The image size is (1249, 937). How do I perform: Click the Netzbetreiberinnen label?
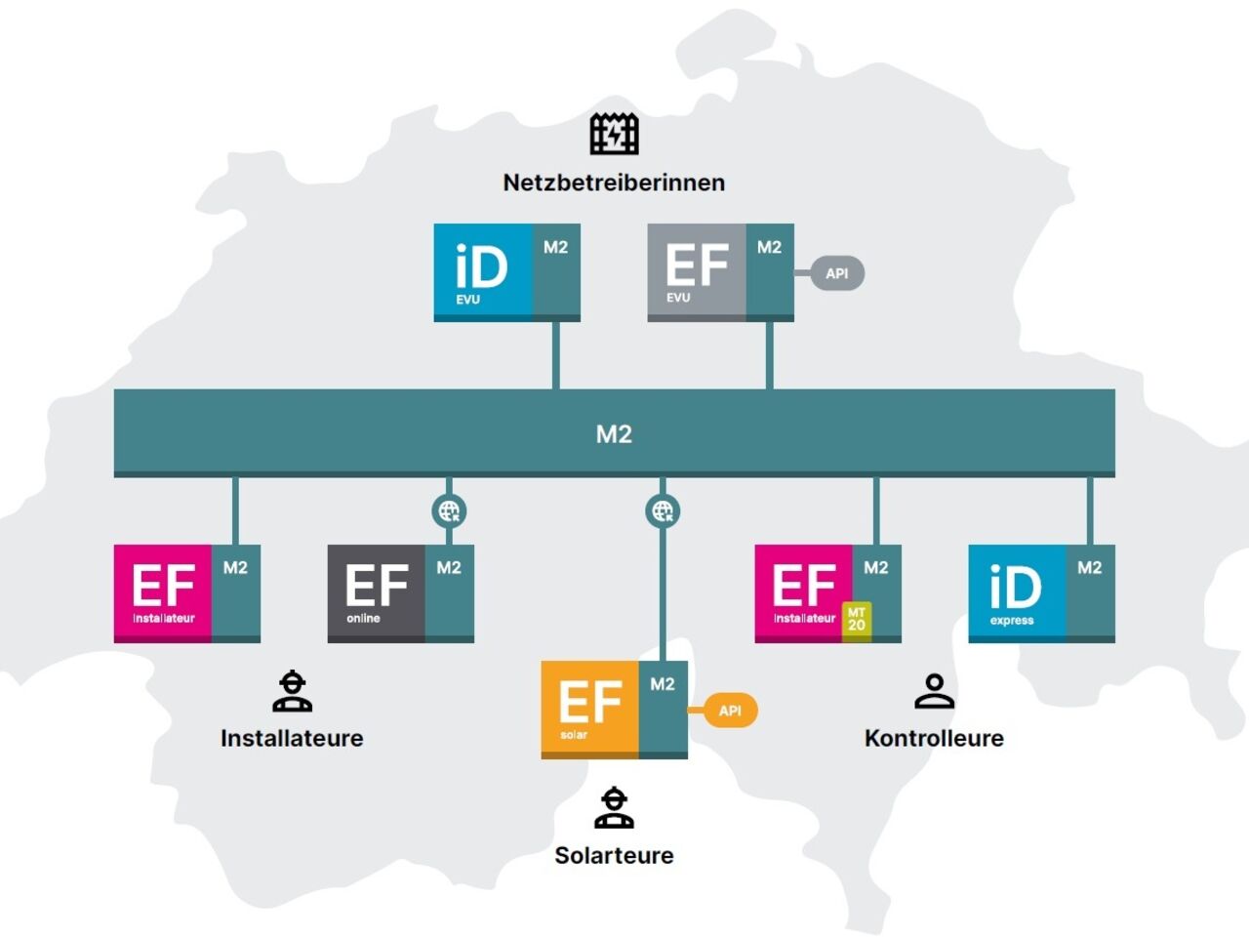pos(614,183)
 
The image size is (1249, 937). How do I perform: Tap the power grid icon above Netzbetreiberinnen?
pos(614,134)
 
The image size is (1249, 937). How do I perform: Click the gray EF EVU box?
pos(698,270)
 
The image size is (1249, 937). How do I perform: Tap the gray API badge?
pos(836,273)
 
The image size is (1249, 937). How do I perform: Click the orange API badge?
pos(730,711)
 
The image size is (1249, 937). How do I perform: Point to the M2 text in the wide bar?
pos(614,433)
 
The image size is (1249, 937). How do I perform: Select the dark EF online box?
pos(377,591)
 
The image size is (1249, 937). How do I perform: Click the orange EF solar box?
pos(590,709)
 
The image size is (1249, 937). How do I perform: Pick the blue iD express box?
pos(1018,591)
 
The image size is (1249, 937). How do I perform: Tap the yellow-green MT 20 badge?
pos(857,620)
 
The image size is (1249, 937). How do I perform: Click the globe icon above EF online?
pos(449,510)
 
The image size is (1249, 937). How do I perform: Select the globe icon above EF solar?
pos(663,510)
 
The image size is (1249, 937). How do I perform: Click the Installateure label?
pos(292,738)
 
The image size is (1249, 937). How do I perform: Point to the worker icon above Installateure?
pos(292,691)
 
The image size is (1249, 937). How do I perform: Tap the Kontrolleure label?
pos(934,738)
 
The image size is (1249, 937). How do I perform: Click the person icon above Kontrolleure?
pos(934,691)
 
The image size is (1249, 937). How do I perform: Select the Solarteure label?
pos(614,855)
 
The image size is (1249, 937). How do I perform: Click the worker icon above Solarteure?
pos(614,807)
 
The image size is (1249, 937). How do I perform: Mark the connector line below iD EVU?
pos(555,355)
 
